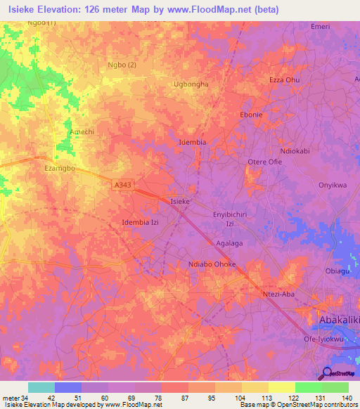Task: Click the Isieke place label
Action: click(180, 202)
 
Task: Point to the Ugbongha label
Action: click(191, 84)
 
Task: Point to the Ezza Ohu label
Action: click(285, 80)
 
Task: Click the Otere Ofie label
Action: click(264, 162)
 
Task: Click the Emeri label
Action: click(320, 26)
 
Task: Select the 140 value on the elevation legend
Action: click(348, 398)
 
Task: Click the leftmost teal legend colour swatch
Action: click(41, 387)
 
